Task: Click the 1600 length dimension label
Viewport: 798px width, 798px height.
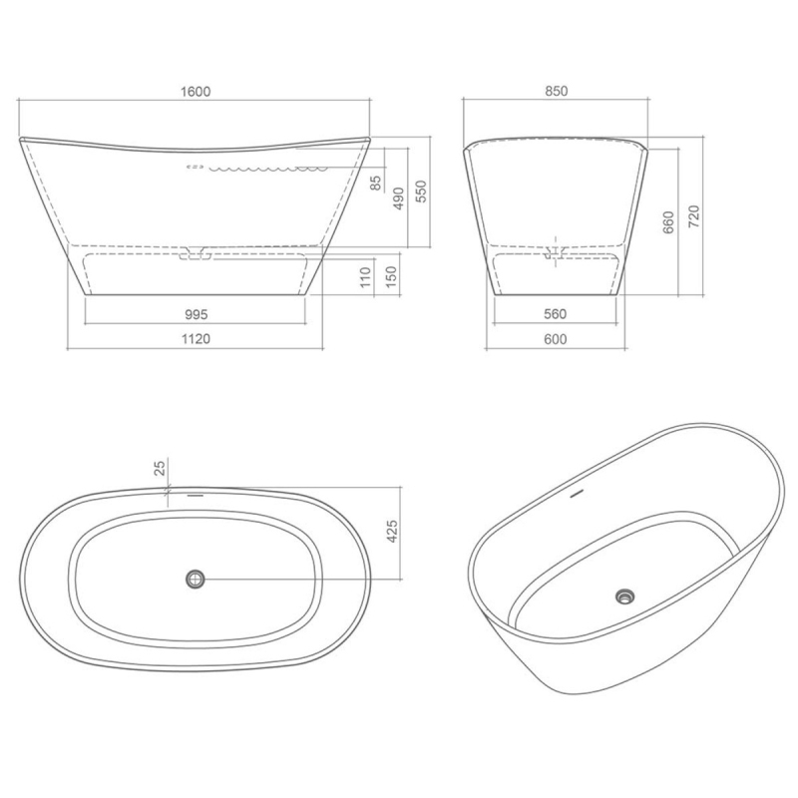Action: pyautogui.click(x=196, y=92)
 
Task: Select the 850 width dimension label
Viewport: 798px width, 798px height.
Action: pyautogui.click(x=557, y=91)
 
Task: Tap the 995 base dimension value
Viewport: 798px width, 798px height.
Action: pyautogui.click(x=196, y=314)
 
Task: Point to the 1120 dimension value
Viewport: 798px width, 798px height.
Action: pyautogui.click(x=196, y=339)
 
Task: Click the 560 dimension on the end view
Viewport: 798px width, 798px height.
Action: pyautogui.click(x=555, y=314)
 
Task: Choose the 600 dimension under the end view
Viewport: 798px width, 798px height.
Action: pyautogui.click(x=555, y=339)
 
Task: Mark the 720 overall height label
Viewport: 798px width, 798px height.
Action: pyautogui.click(x=693, y=216)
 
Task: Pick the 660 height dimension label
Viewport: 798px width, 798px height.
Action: pyautogui.click(x=668, y=222)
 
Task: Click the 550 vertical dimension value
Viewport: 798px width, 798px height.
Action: pyautogui.click(x=422, y=192)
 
